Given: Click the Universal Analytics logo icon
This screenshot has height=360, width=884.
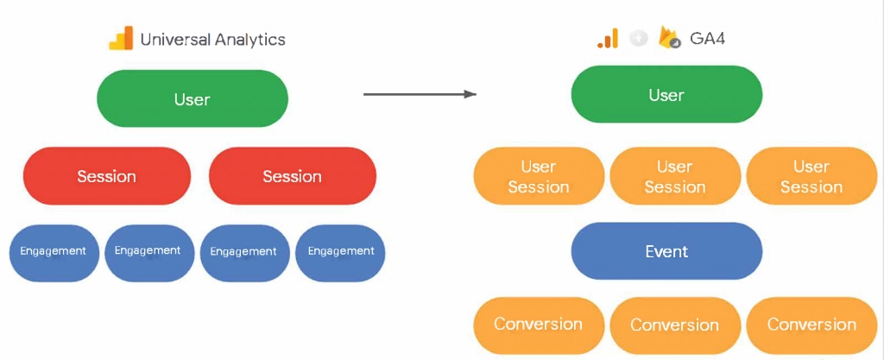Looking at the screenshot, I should point(120,39).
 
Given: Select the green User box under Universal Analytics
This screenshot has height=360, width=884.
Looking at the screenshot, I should point(192,99).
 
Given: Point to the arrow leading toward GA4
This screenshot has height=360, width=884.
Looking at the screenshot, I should point(420,93).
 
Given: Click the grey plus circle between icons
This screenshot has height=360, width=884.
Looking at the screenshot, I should point(639,39).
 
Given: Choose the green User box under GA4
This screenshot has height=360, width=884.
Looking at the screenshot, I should point(666,95).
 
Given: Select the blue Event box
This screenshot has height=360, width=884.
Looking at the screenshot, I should point(666,251).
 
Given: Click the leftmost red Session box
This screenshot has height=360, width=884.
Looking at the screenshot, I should point(106,176).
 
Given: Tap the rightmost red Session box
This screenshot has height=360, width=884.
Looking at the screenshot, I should point(292,176).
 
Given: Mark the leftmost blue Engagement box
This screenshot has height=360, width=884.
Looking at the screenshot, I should point(53,252).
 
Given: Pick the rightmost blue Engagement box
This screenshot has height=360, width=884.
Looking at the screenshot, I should point(340,252).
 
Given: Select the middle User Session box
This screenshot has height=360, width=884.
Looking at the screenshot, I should point(674,176).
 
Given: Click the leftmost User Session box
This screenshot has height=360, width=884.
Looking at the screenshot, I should point(539,176).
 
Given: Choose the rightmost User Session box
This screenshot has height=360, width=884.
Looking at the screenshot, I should point(811,176).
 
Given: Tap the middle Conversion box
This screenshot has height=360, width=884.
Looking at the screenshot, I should point(674,325).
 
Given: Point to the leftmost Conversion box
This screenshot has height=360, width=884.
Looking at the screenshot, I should point(539,325).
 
